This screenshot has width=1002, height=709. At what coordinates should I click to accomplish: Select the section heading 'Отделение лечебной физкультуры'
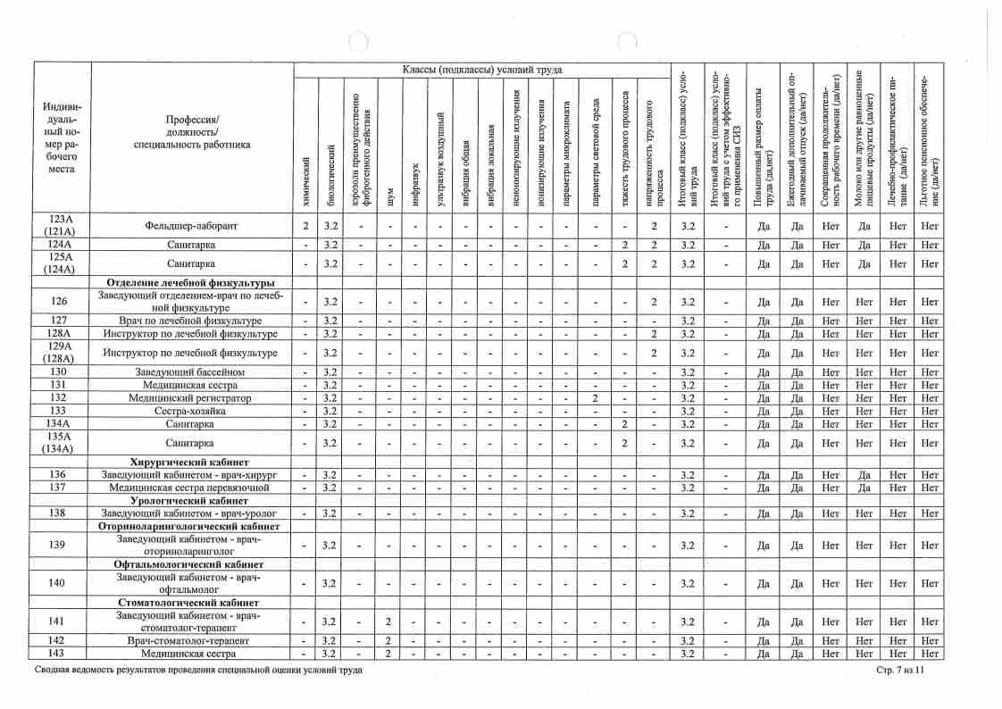point(191,283)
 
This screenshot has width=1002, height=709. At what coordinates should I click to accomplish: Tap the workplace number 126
point(58,301)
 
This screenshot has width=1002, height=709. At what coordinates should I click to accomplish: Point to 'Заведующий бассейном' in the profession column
point(191,371)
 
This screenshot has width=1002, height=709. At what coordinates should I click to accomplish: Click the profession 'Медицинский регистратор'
point(191,397)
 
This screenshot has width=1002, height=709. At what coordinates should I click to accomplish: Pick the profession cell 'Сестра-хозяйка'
point(191,411)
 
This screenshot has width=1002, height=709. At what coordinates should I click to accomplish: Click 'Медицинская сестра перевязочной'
point(191,488)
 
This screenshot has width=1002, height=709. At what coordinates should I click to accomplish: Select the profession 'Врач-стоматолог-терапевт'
point(191,641)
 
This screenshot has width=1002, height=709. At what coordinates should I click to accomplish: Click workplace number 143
point(58,654)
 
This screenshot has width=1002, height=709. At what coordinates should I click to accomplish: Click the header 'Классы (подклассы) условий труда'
point(482,70)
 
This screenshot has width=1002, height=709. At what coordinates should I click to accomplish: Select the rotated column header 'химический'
point(306,170)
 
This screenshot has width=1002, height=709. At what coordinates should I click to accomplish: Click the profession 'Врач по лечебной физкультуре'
point(191,321)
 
